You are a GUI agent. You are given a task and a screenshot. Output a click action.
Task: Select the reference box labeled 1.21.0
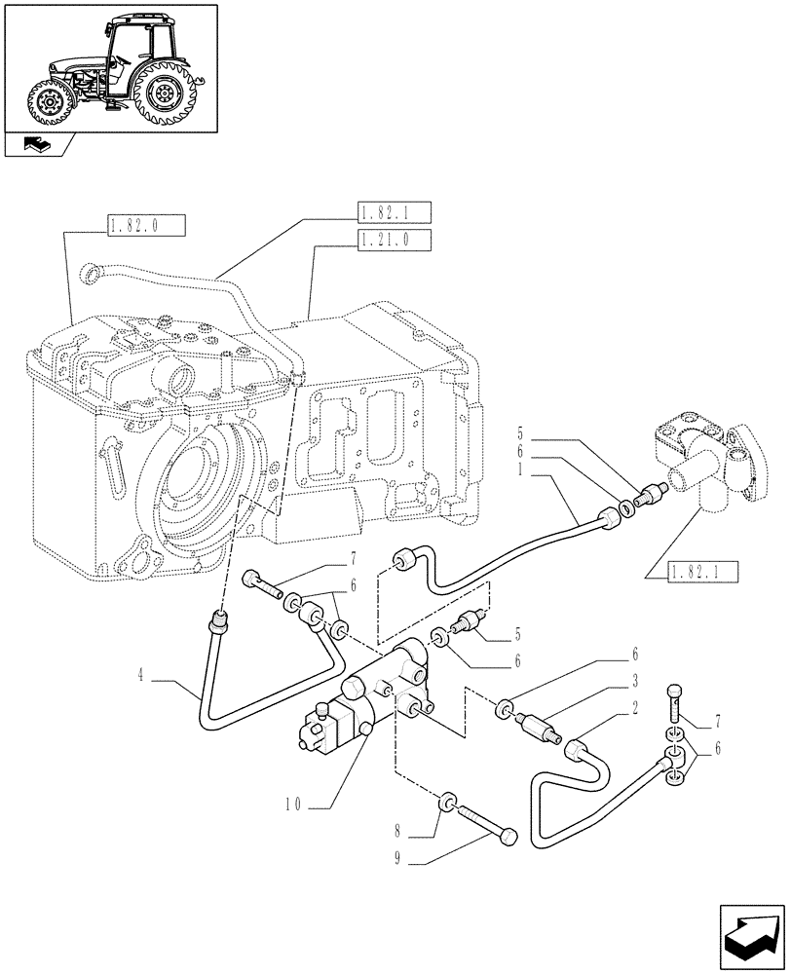(x=394, y=239)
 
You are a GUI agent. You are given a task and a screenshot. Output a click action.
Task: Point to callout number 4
(x=142, y=675)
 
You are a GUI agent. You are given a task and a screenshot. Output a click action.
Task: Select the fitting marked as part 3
(x=537, y=727)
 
